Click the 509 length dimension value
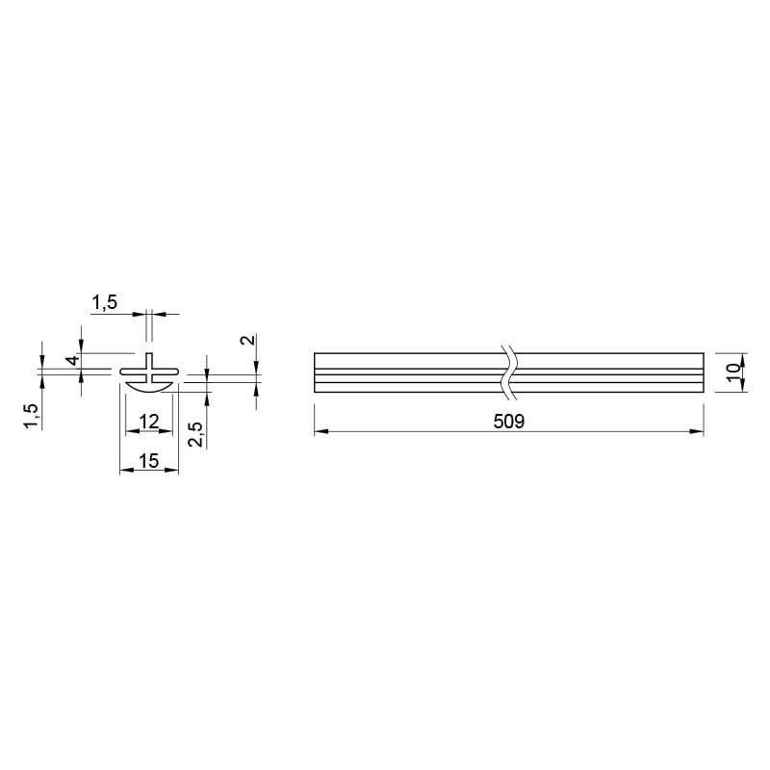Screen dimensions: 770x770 [509, 422]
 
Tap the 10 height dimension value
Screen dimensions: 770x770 [732, 372]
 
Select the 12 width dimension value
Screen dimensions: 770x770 [149, 422]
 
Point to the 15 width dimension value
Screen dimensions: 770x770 [149, 461]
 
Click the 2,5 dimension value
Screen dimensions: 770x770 [196, 434]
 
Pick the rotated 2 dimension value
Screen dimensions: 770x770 [249, 340]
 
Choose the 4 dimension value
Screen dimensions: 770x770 [73, 360]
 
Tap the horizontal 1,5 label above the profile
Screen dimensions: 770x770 [105, 302]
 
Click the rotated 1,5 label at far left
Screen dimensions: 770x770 [31, 417]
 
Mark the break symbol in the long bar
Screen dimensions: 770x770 [509, 372]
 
